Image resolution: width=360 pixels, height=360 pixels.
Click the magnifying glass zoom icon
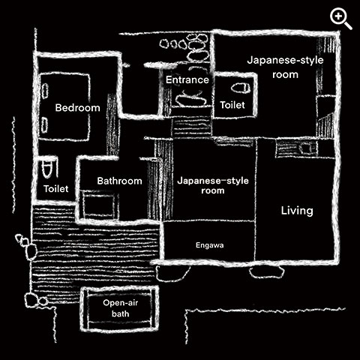(340, 18)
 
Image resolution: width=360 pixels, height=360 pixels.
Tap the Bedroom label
(77, 108)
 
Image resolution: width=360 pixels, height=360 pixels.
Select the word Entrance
(187, 79)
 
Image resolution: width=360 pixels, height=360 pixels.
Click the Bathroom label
(119, 181)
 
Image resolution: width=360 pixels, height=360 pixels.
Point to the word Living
(297, 211)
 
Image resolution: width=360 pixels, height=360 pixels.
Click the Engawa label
(209, 245)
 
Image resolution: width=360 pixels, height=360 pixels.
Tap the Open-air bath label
(120, 308)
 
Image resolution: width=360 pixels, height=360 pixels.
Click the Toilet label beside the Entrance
(232, 105)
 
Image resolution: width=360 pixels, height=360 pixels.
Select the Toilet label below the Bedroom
(55, 189)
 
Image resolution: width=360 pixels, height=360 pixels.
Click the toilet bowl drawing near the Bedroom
(47, 169)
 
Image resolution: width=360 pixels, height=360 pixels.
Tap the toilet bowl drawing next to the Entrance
(241, 88)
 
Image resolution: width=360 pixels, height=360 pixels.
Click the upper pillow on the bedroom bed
(45, 91)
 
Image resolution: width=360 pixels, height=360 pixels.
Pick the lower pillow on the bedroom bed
(44, 124)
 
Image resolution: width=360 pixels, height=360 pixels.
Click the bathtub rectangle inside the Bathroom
(100, 205)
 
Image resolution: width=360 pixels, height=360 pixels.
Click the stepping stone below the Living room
(267, 271)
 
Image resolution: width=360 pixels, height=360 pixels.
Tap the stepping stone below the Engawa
(172, 273)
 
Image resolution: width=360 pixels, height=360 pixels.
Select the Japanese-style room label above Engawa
(213, 185)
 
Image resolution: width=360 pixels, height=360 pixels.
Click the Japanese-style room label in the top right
(285, 67)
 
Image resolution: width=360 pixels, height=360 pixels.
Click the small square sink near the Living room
(305, 148)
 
